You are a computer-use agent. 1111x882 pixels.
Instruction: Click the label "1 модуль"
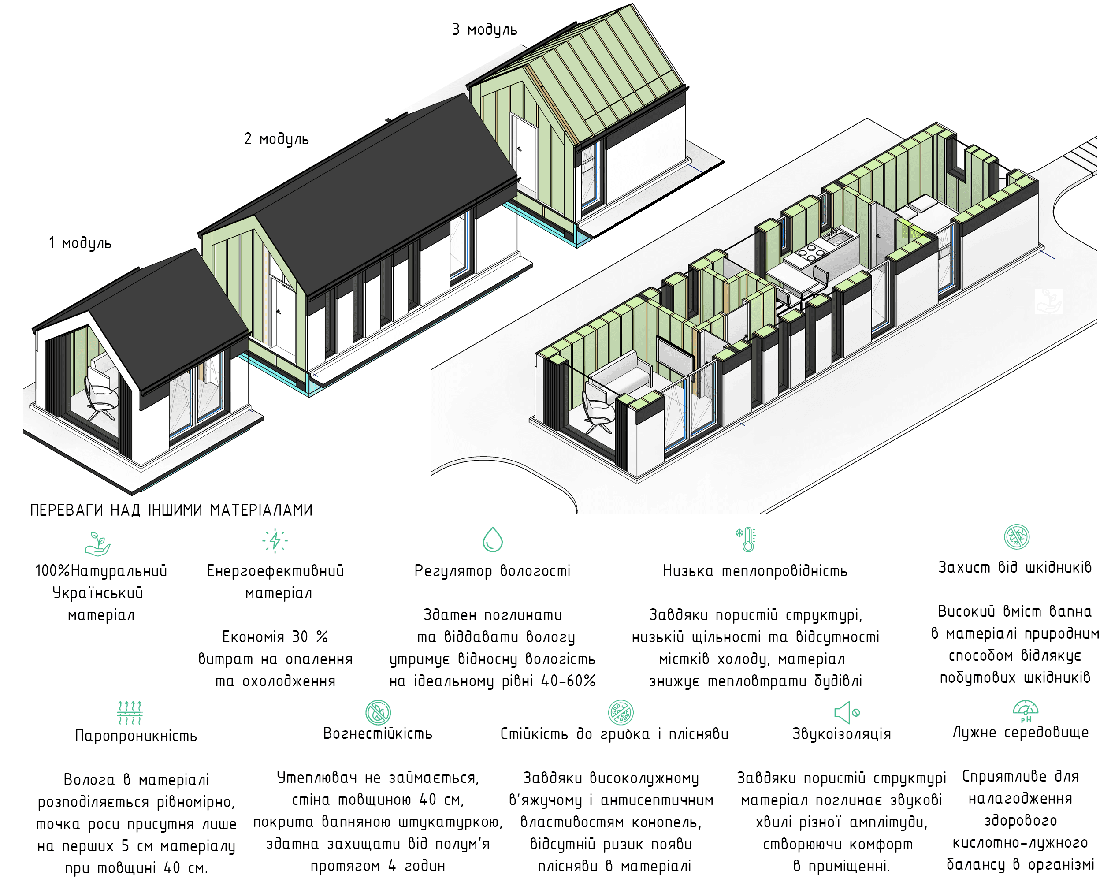[x=80, y=243]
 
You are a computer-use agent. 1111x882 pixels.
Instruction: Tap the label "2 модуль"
[x=276, y=139]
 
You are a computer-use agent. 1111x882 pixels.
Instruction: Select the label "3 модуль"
[x=484, y=30]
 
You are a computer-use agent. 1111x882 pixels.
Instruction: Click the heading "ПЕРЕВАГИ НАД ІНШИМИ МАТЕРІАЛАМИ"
[x=171, y=510]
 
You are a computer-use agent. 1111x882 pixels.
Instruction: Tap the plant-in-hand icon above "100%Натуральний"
[x=98, y=543]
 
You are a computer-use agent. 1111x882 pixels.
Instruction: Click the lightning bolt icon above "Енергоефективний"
[x=275, y=541]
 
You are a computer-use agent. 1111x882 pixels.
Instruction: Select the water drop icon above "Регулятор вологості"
[x=492, y=539]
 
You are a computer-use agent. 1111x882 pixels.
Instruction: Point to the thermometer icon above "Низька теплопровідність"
[x=746, y=539]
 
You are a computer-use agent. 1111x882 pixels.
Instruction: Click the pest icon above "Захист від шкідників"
[x=1016, y=536]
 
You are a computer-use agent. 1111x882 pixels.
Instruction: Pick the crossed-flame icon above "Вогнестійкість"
[x=378, y=712]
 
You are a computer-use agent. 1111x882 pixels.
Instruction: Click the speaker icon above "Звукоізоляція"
[x=846, y=712]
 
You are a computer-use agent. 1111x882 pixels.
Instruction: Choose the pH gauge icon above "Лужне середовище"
[x=1025, y=711]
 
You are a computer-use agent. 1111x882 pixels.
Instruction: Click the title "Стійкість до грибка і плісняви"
[x=614, y=733]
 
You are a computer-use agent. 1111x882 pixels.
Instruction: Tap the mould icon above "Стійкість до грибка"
[x=621, y=712]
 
